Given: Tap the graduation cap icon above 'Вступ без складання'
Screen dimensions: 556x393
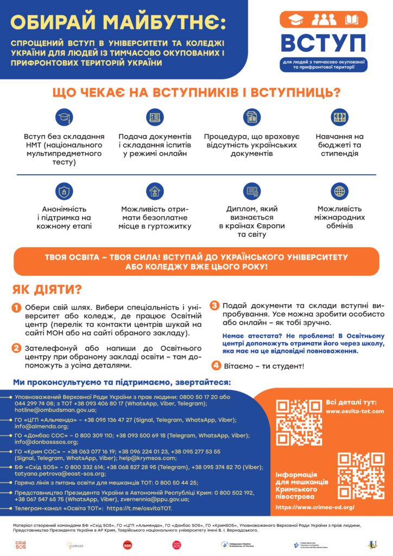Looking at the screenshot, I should (65, 117).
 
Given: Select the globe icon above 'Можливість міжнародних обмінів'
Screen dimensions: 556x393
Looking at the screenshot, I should (340, 191).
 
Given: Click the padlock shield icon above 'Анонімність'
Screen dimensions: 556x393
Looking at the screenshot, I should (65, 191).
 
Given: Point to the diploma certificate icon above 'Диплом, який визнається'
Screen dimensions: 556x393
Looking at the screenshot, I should (251, 191).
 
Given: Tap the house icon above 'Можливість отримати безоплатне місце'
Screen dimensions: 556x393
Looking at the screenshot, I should (155, 191).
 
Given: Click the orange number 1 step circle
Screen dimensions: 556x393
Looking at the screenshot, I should (17, 308).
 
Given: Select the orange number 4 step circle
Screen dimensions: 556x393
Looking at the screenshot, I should (215, 365).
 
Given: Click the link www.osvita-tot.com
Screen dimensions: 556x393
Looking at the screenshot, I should (355, 411).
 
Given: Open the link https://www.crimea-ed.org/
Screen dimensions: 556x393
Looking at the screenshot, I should (315, 507).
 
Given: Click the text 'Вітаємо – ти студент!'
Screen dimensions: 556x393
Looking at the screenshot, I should (264, 366).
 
